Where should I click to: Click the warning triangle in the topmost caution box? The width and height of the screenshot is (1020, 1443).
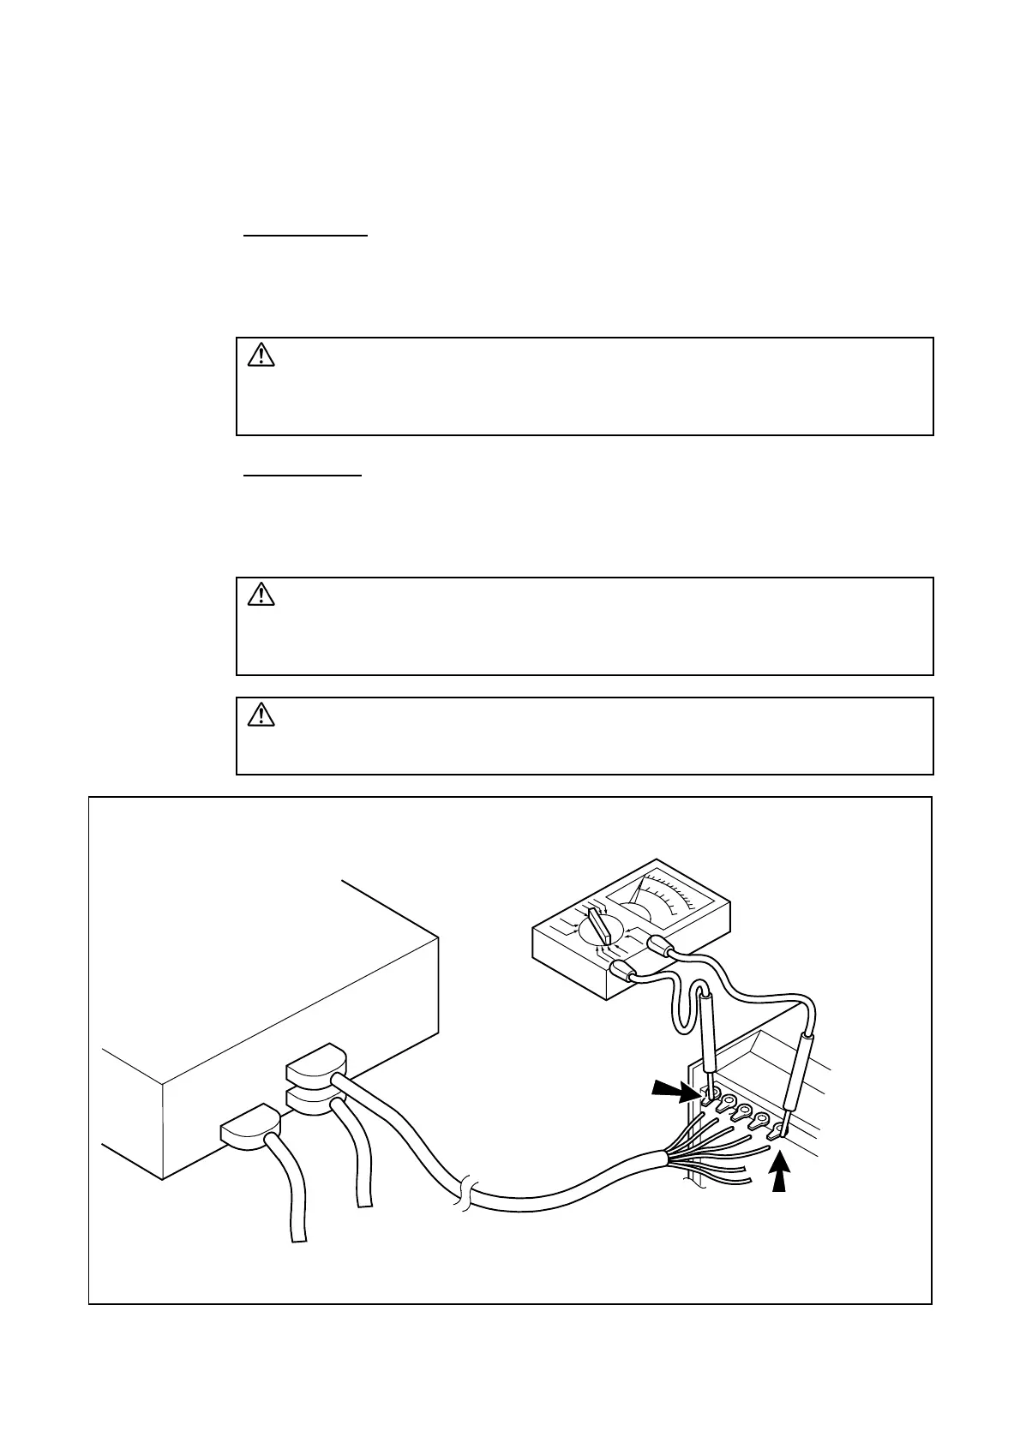261,355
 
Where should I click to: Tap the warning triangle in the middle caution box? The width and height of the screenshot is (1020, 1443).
261,594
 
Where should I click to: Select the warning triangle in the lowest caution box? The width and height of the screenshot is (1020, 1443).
261,714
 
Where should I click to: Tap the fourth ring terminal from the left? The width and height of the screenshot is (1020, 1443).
761,1121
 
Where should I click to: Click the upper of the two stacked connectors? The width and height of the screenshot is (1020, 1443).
314,1064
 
